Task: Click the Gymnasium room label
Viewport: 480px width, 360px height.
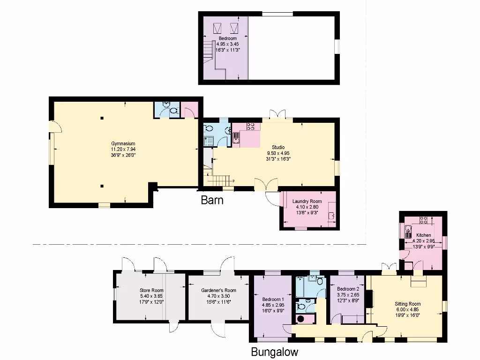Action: click(123, 143)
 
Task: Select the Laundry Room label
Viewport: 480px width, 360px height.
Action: click(307, 202)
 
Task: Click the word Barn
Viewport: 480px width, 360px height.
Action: click(212, 201)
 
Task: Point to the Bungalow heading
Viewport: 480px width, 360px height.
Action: click(274, 352)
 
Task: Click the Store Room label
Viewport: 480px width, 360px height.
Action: click(151, 291)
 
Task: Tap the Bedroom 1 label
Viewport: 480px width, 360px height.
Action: click(273, 300)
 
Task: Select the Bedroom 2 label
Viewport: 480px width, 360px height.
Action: click(347, 289)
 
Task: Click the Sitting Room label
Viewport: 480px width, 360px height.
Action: click(408, 304)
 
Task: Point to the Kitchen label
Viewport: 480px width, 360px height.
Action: click(424, 235)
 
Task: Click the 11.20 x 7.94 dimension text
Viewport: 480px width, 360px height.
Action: click(123, 149)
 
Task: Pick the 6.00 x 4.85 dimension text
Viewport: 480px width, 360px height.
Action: click(408, 309)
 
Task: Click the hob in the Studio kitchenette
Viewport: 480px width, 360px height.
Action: click(251, 126)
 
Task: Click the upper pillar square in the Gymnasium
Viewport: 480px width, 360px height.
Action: click(102, 118)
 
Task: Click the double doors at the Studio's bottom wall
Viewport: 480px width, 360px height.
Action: click(266, 185)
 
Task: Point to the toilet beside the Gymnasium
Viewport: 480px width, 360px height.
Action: click(174, 112)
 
